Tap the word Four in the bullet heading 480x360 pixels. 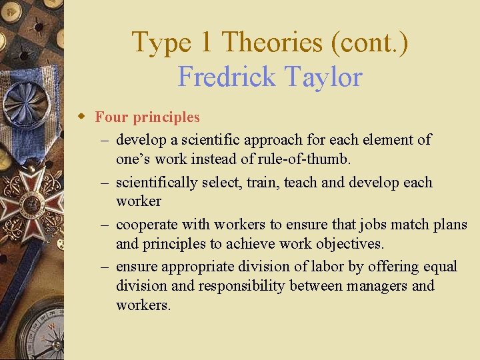click(111, 117)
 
